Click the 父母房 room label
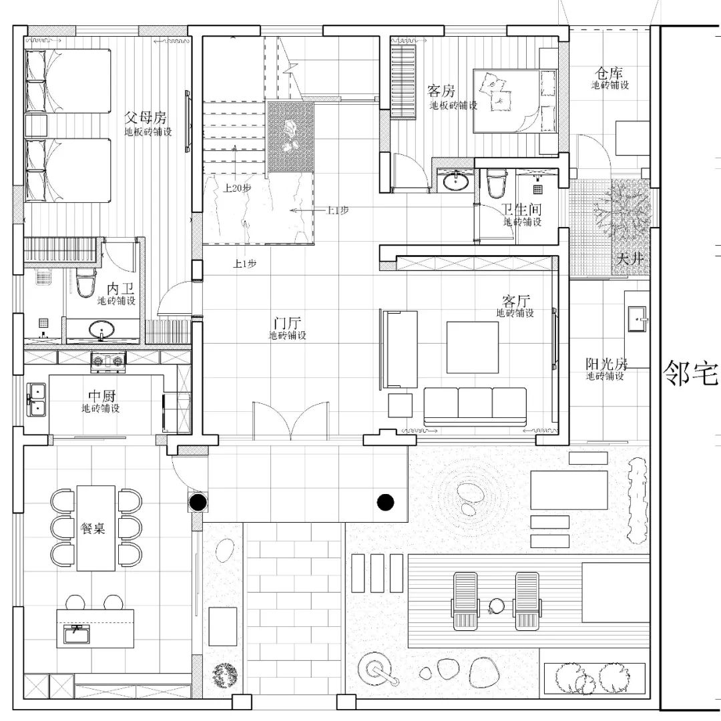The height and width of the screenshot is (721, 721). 145,118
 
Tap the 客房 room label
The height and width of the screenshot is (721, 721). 441,91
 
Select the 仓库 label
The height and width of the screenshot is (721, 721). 609,72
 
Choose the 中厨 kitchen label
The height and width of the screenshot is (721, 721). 100,395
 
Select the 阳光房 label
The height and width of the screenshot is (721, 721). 606,364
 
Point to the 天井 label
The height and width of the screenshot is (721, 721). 630,257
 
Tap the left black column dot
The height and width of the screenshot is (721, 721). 198,501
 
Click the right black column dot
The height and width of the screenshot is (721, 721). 385,501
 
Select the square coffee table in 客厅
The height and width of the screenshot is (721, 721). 473,347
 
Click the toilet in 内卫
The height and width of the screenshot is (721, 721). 85,283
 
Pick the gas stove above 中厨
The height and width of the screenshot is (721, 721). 108,360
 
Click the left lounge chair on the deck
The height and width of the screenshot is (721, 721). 465,601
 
